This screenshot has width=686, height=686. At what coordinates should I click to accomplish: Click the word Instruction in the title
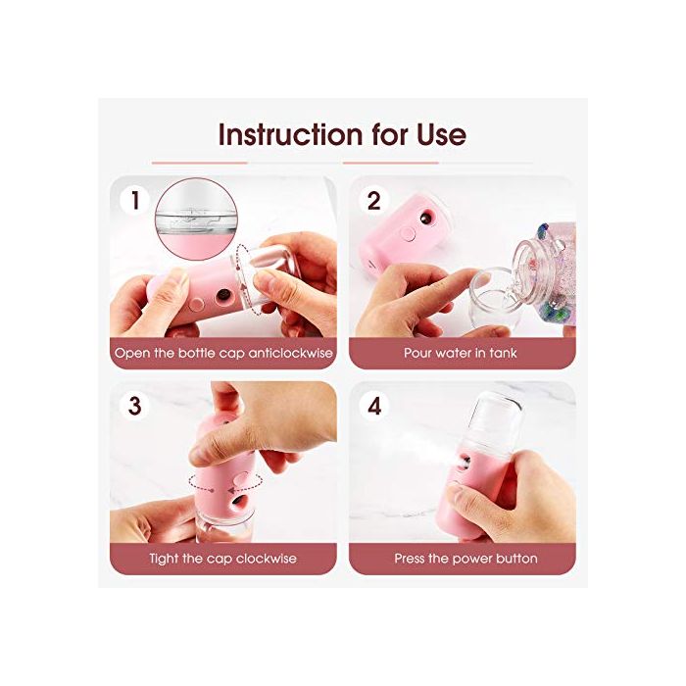point(290,134)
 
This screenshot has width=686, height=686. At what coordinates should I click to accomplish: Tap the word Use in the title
point(441,134)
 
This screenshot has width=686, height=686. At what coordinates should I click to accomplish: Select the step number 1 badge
point(135,201)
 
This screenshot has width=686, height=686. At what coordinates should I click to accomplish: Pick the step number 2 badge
point(374,201)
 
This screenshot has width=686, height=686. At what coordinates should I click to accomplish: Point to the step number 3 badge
point(135,406)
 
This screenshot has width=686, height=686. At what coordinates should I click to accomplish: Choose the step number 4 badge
point(374,406)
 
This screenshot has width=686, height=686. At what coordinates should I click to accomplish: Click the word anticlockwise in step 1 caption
point(290,353)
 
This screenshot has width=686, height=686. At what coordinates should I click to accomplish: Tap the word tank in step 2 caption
point(503,353)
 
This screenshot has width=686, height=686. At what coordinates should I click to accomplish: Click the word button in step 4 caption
point(515,559)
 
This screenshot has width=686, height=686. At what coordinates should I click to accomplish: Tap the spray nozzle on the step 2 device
point(425,218)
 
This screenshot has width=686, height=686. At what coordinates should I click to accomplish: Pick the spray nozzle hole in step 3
point(238,502)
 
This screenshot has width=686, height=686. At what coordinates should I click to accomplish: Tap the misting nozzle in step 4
point(465,463)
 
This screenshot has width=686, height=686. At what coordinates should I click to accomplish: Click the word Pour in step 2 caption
point(417,353)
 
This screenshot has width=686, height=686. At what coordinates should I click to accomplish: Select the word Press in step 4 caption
point(410,559)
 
